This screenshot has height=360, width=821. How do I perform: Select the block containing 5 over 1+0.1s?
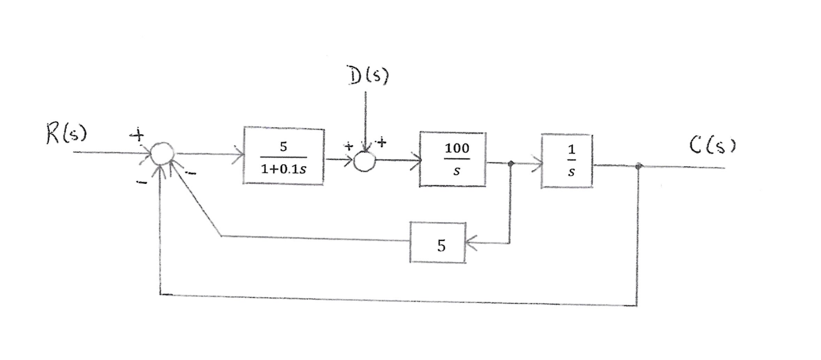coord(284,156)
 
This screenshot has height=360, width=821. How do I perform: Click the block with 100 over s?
coord(452,159)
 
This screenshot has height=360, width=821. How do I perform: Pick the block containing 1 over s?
coord(567,161)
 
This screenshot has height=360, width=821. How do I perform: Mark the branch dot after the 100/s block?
coord(510,163)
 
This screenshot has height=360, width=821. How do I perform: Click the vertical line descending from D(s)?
coord(365,117)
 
